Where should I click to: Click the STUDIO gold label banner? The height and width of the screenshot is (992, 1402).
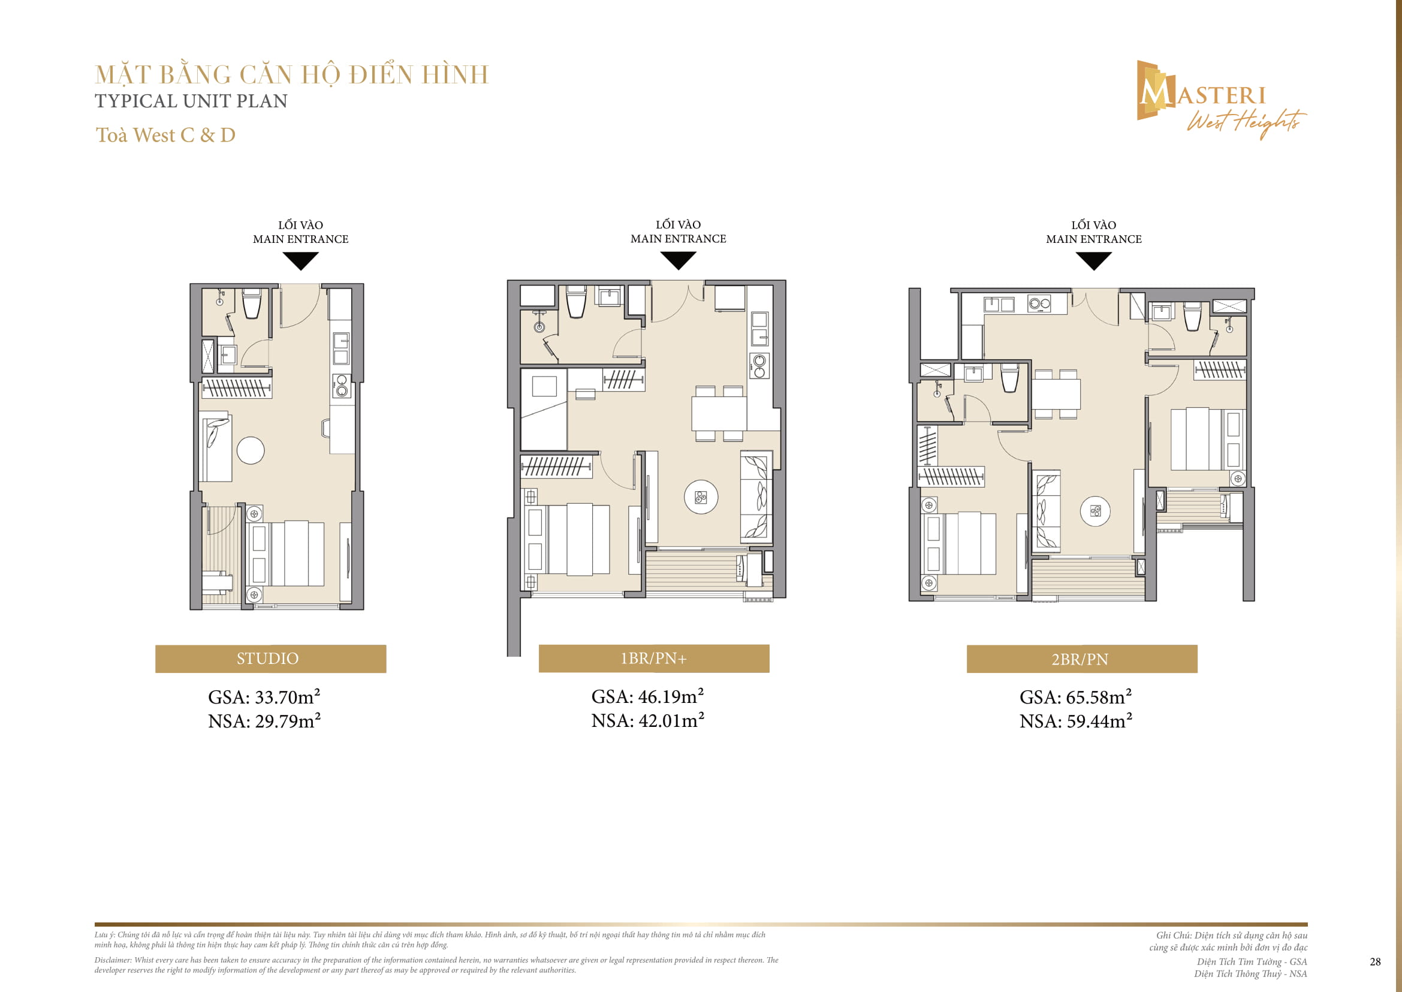click(x=270, y=659)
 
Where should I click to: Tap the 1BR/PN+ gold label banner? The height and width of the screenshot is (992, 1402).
click(x=653, y=658)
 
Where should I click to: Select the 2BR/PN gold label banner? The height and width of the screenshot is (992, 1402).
click(x=1081, y=659)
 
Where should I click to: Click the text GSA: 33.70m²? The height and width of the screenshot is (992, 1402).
click(x=264, y=697)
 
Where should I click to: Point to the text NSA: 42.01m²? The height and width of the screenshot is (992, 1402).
click(x=647, y=721)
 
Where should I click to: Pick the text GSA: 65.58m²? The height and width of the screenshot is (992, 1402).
click(x=1075, y=697)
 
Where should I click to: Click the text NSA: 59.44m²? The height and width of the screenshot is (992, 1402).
click(x=1075, y=722)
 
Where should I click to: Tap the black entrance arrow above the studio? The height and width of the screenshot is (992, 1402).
click(x=300, y=261)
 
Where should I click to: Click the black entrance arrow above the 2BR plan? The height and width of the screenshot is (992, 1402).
click(x=1093, y=261)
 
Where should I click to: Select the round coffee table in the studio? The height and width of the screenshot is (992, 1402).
click(x=251, y=451)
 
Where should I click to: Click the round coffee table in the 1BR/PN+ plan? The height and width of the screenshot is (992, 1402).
click(x=701, y=497)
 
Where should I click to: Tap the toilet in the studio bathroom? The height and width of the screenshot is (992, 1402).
click(x=252, y=303)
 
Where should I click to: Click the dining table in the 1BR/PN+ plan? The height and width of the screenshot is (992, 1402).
click(x=719, y=414)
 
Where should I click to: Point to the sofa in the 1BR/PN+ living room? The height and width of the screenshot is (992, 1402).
click(x=756, y=497)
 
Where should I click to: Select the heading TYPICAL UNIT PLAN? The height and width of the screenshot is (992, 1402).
click(x=191, y=101)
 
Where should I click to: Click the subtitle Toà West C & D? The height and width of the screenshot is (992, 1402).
click(x=165, y=135)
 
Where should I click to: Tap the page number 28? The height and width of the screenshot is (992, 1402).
click(x=1374, y=961)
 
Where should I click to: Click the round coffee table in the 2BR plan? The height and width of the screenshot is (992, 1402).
click(x=1095, y=511)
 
